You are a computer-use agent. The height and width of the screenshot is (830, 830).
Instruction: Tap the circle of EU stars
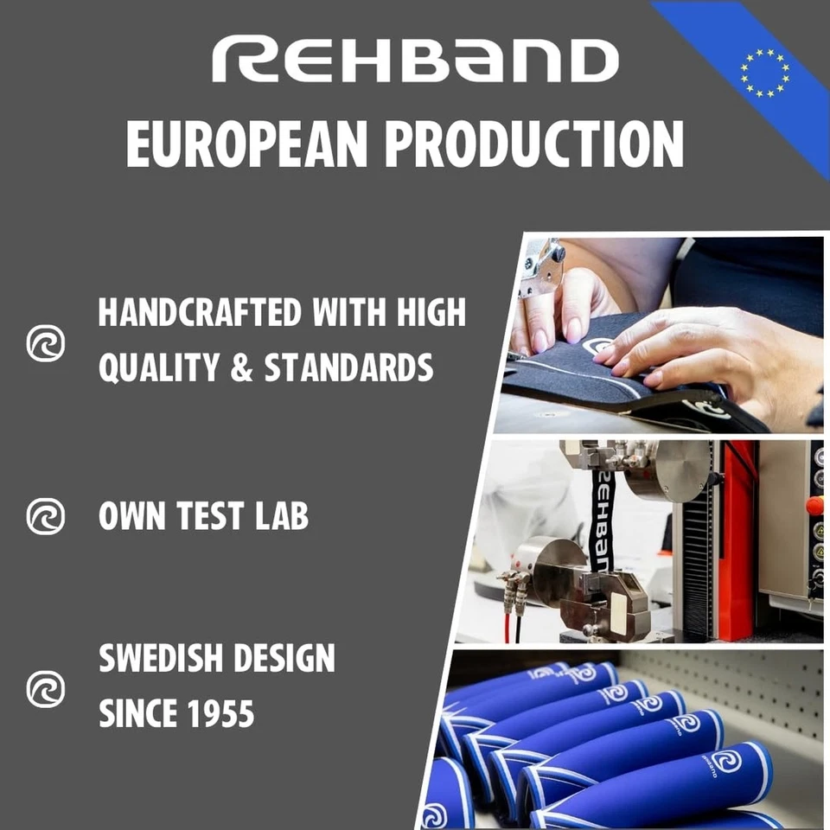tap(764, 72)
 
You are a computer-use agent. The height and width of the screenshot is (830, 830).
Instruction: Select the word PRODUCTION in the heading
tap(535, 143)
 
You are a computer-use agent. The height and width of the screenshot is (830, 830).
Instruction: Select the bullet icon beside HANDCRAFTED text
tap(45, 343)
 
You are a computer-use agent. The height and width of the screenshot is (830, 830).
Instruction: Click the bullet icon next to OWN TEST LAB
tap(45, 516)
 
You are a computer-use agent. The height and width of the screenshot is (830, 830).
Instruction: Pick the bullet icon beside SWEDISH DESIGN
tap(45, 688)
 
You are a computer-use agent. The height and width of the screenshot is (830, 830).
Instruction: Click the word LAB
tap(280, 516)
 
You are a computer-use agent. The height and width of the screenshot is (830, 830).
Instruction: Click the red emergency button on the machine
tap(814, 505)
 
